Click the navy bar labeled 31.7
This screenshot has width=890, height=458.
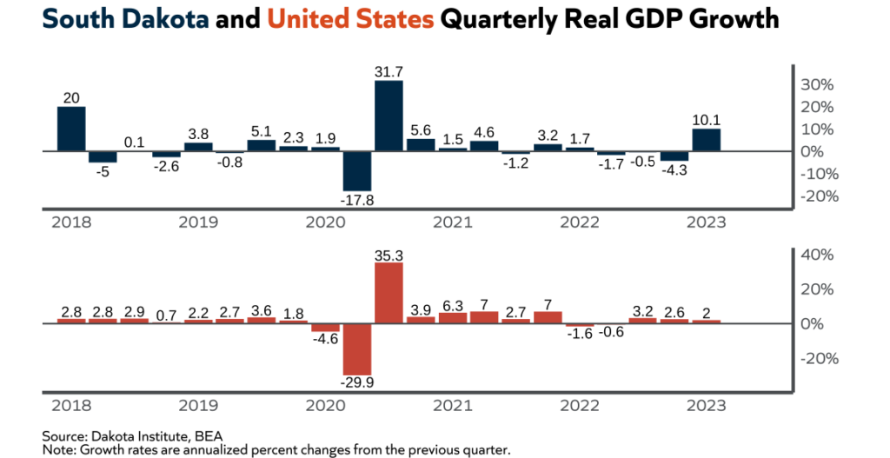tap(389, 116)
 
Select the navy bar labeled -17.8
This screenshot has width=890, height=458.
tap(356, 170)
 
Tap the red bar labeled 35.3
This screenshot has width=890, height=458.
tap(389, 293)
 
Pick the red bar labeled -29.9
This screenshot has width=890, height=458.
tap(356, 348)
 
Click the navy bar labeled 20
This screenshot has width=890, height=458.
tap(71, 129)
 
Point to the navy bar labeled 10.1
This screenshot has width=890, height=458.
tap(706, 140)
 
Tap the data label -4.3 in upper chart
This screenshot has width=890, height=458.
tap(674, 171)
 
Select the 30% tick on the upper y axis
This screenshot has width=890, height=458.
tap(817, 85)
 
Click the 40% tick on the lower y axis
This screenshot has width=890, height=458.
tap(817, 255)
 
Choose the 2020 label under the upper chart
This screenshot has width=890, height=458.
tap(325, 222)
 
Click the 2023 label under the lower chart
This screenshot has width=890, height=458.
tap(706, 405)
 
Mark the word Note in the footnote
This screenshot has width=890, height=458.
tap(57, 449)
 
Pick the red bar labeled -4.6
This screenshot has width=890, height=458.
tap(325, 328)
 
